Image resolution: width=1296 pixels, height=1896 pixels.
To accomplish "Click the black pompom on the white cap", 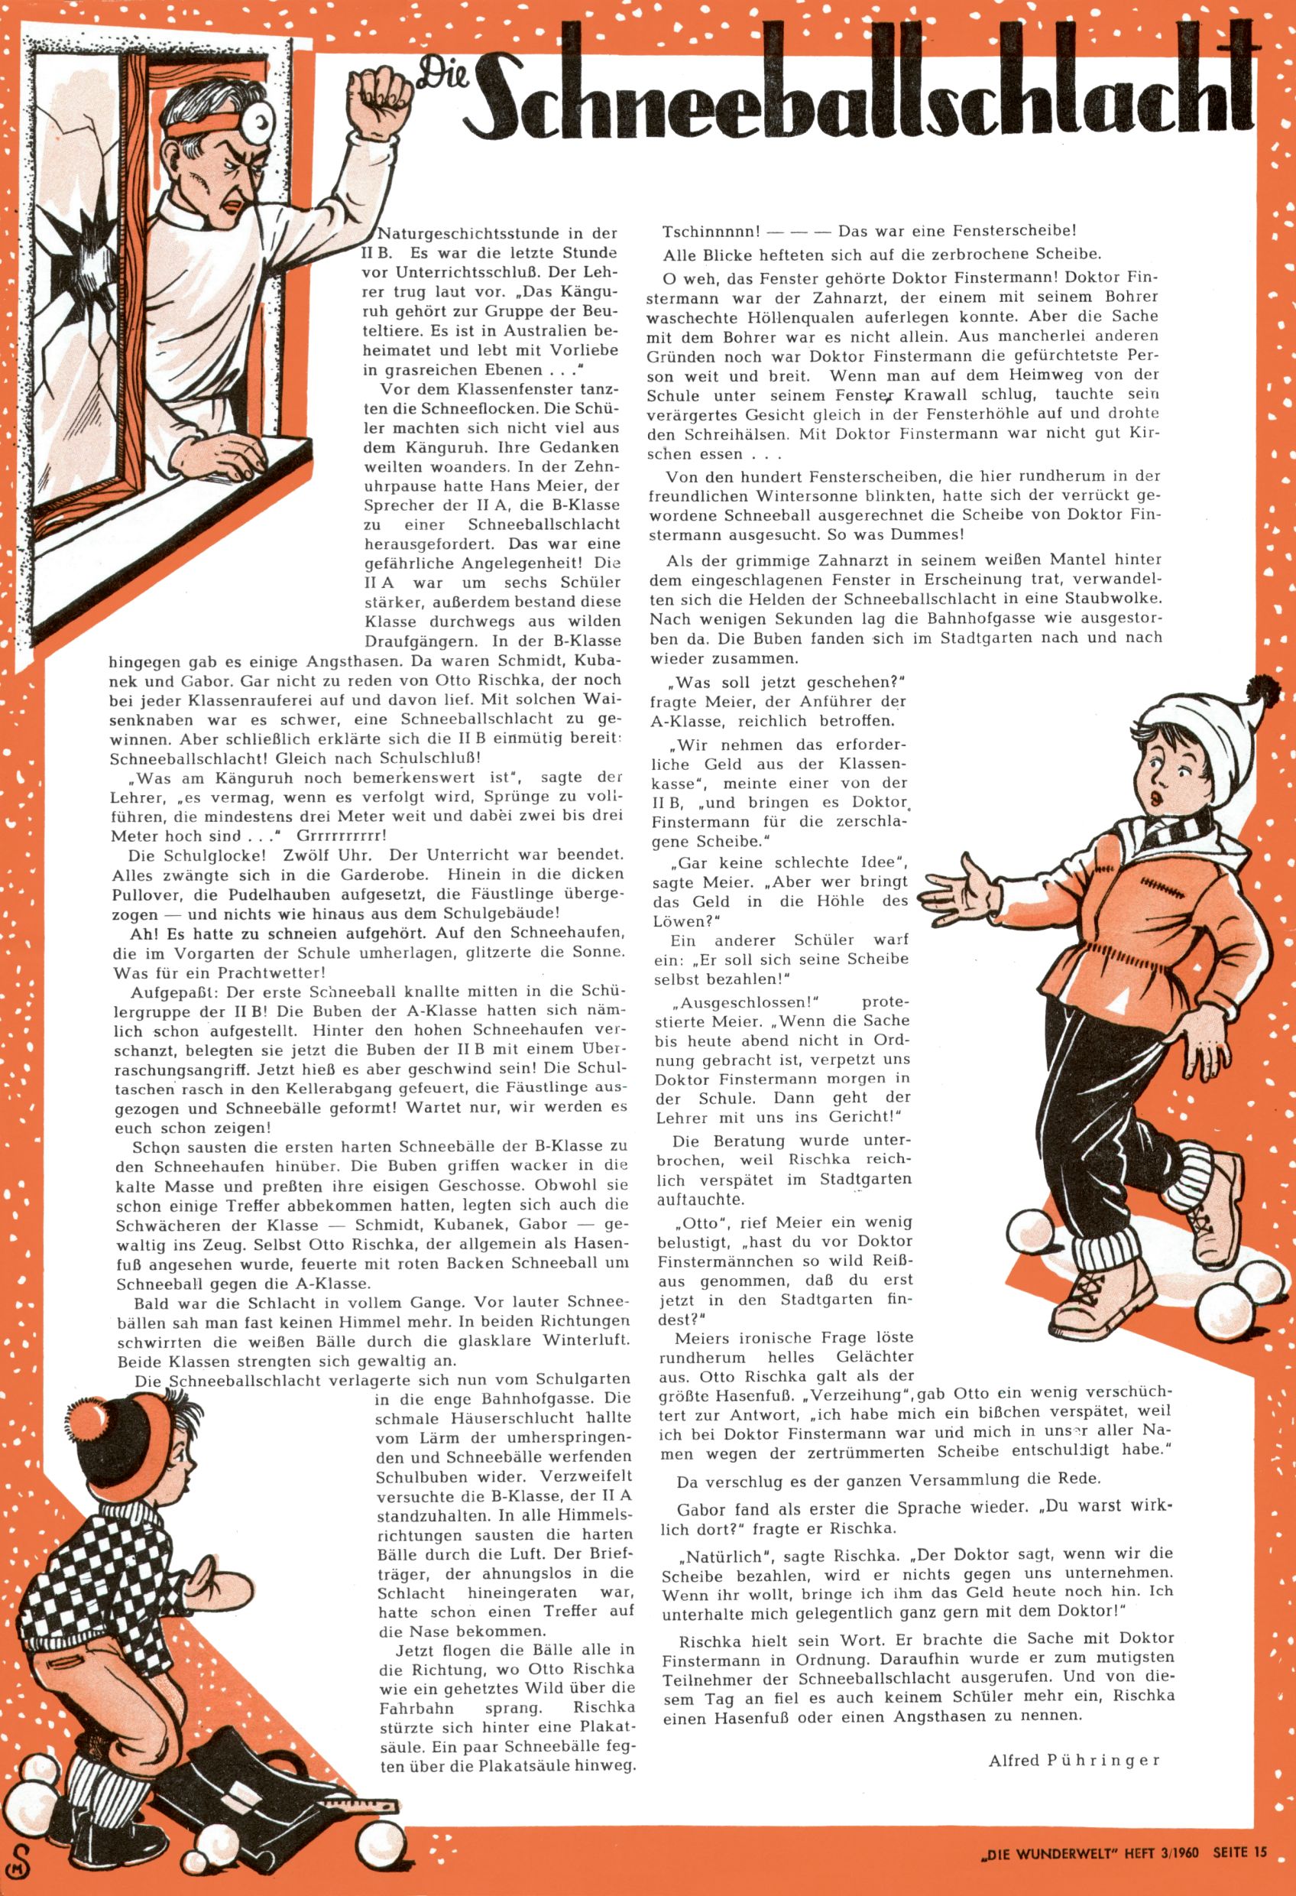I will point(1257,688).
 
